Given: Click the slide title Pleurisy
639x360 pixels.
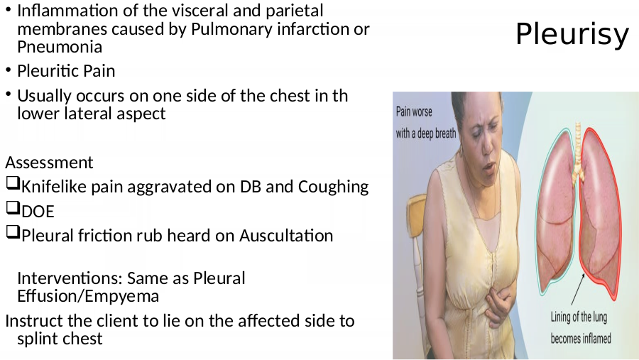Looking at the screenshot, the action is pos(572,35).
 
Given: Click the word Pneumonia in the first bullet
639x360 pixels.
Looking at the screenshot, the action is pos(60,47).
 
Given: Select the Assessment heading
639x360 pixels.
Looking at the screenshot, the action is pos(49,163).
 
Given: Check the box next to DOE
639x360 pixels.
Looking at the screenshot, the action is pos(13,207).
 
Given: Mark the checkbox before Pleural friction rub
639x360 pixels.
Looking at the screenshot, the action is pos(13,232).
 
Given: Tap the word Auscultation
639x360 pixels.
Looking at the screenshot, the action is pos(286,236).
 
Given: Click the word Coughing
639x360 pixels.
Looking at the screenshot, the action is pos(334,187).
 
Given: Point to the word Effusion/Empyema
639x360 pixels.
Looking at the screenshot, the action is pos(88,297).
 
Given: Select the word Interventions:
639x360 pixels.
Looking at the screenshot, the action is pos(70,278).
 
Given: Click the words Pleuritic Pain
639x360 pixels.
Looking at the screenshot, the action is pos(66,71).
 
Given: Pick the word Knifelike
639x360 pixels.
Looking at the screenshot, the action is pos(54,187).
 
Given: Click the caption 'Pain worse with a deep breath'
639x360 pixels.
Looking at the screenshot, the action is pos(426,122).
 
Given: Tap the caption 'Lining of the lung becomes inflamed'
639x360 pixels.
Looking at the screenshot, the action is pos(581,328).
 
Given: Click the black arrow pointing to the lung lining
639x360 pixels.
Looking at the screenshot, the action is pos(578,289).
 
